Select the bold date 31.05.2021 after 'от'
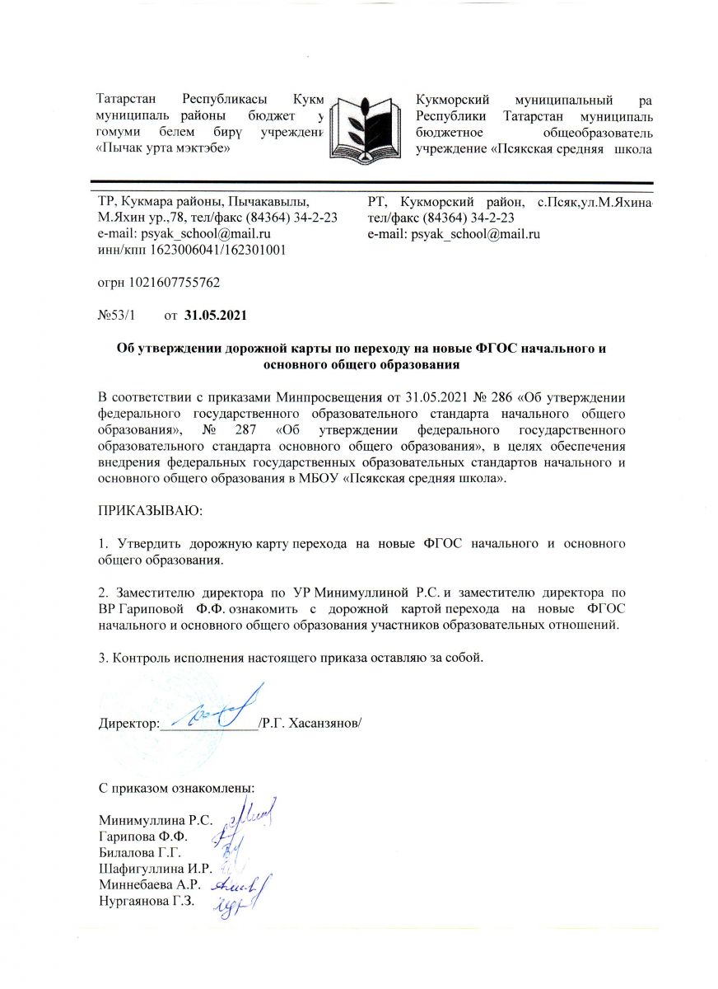point(216,315)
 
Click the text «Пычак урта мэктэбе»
point(162,148)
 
